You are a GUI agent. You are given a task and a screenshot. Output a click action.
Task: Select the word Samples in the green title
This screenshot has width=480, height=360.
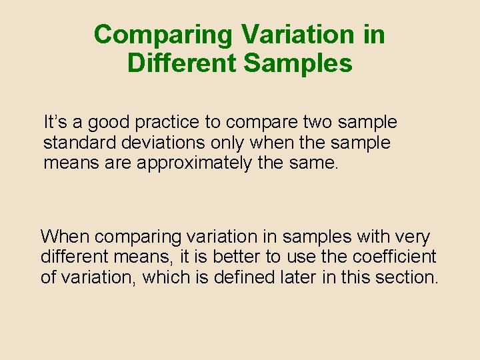[x=298, y=63]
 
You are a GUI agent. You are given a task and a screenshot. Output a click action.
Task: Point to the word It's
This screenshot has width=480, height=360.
[x=55, y=123]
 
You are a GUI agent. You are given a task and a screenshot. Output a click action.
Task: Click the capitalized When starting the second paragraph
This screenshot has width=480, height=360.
[x=65, y=237]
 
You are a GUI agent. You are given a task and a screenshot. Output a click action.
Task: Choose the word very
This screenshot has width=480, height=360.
[x=414, y=237]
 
